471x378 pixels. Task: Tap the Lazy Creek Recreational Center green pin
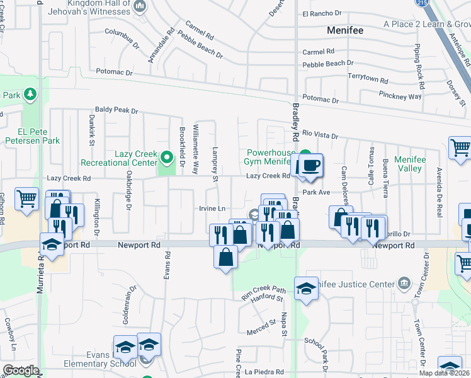tap(167, 156)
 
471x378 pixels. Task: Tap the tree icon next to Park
tap(30, 94)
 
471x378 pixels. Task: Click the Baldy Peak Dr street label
tap(116, 110)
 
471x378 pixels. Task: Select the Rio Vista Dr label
tap(321, 135)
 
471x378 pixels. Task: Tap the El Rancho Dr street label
tap(321, 13)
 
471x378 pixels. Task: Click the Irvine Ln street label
tap(212, 209)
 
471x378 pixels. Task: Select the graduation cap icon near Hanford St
tap(306, 289)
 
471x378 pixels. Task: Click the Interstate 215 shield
tap(419, 3)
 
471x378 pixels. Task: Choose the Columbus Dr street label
tap(122, 38)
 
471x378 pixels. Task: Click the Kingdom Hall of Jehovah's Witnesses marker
tap(140, 7)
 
